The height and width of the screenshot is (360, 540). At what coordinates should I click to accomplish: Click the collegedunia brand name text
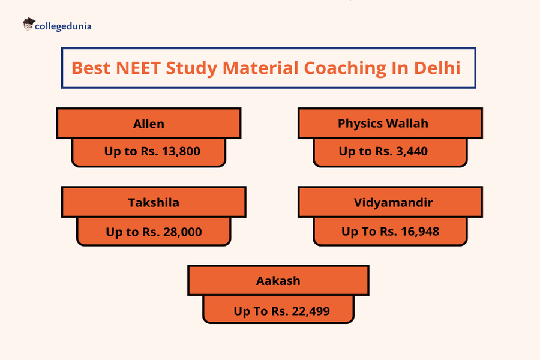click(x=64, y=26)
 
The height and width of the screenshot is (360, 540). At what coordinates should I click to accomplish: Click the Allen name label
click(x=149, y=124)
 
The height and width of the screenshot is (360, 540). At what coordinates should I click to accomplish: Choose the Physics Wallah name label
click(x=391, y=124)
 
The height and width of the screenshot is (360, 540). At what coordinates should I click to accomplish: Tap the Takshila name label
click(x=154, y=202)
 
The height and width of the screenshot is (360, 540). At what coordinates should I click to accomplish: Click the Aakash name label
click(x=278, y=281)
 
